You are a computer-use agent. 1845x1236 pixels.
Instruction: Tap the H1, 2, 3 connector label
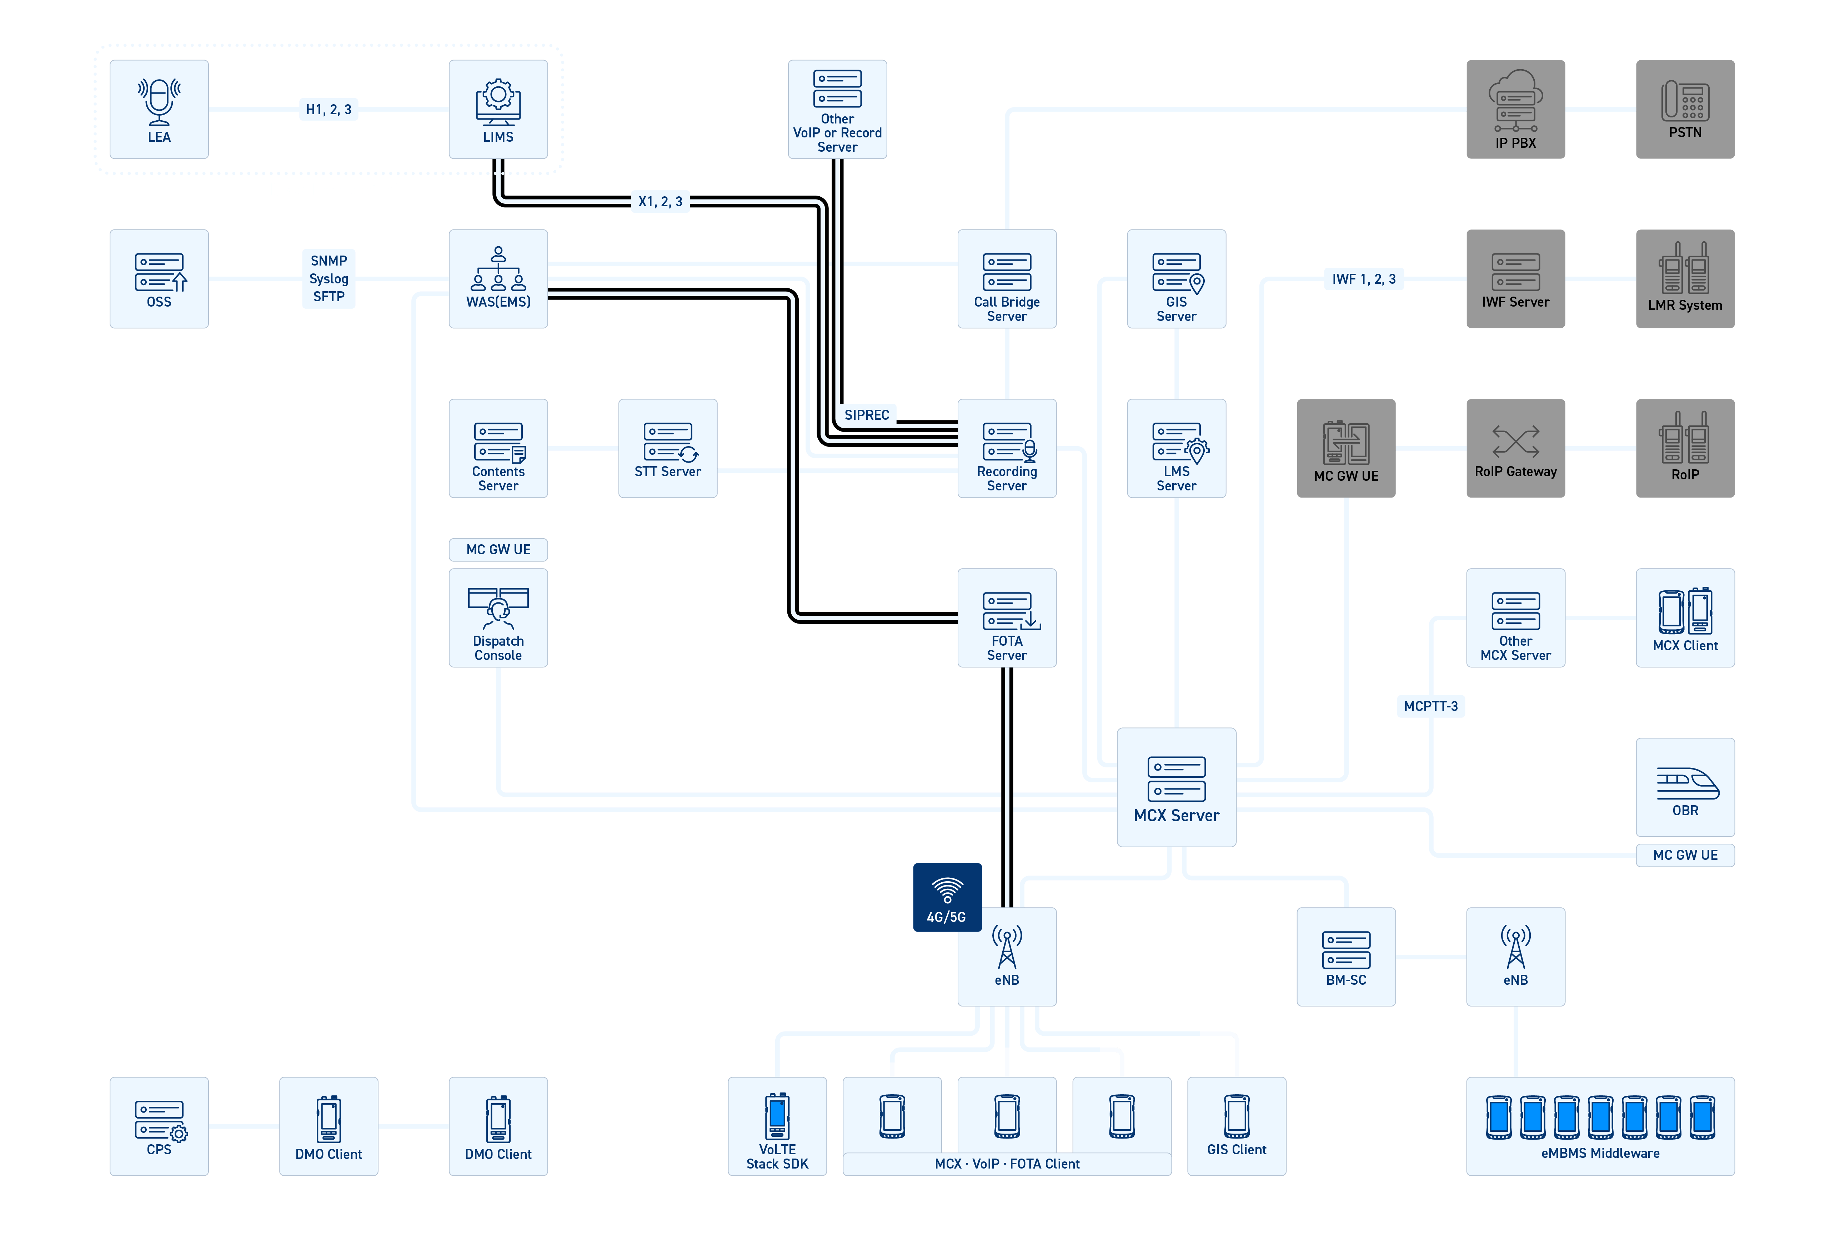pos(329,110)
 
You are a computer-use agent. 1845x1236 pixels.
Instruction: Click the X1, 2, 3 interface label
pos(660,202)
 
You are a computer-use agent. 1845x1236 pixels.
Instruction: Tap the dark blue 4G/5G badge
pos(947,897)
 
